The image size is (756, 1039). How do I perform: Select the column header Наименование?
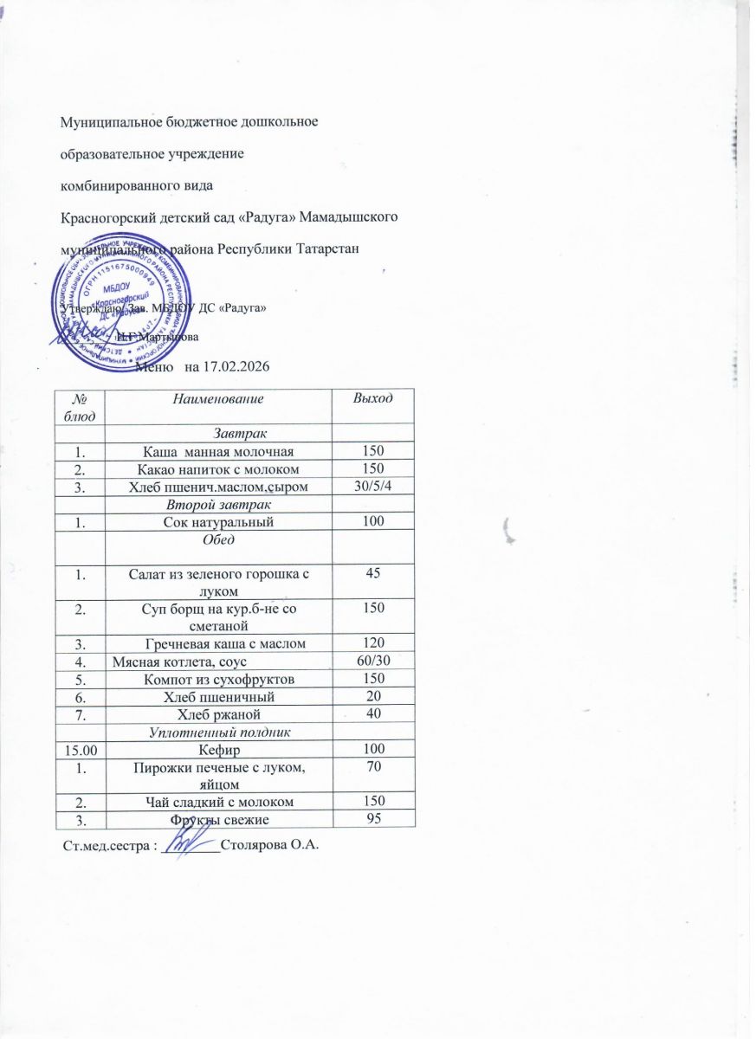click(218, 398)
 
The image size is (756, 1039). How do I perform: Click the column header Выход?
click(374, 398)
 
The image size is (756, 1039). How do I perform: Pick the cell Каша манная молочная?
click(218, 451)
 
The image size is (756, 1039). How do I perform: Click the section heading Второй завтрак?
click(218, 504)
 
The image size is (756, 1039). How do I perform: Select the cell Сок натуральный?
click(218, 521)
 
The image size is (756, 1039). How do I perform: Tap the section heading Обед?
click(218, 539)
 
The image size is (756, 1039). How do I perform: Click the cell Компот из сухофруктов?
click(218, 678)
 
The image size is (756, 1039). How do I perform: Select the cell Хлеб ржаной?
click(218, 713)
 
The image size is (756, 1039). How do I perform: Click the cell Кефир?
click(218, 749)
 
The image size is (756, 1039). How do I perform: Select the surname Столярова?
click(255, 843)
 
